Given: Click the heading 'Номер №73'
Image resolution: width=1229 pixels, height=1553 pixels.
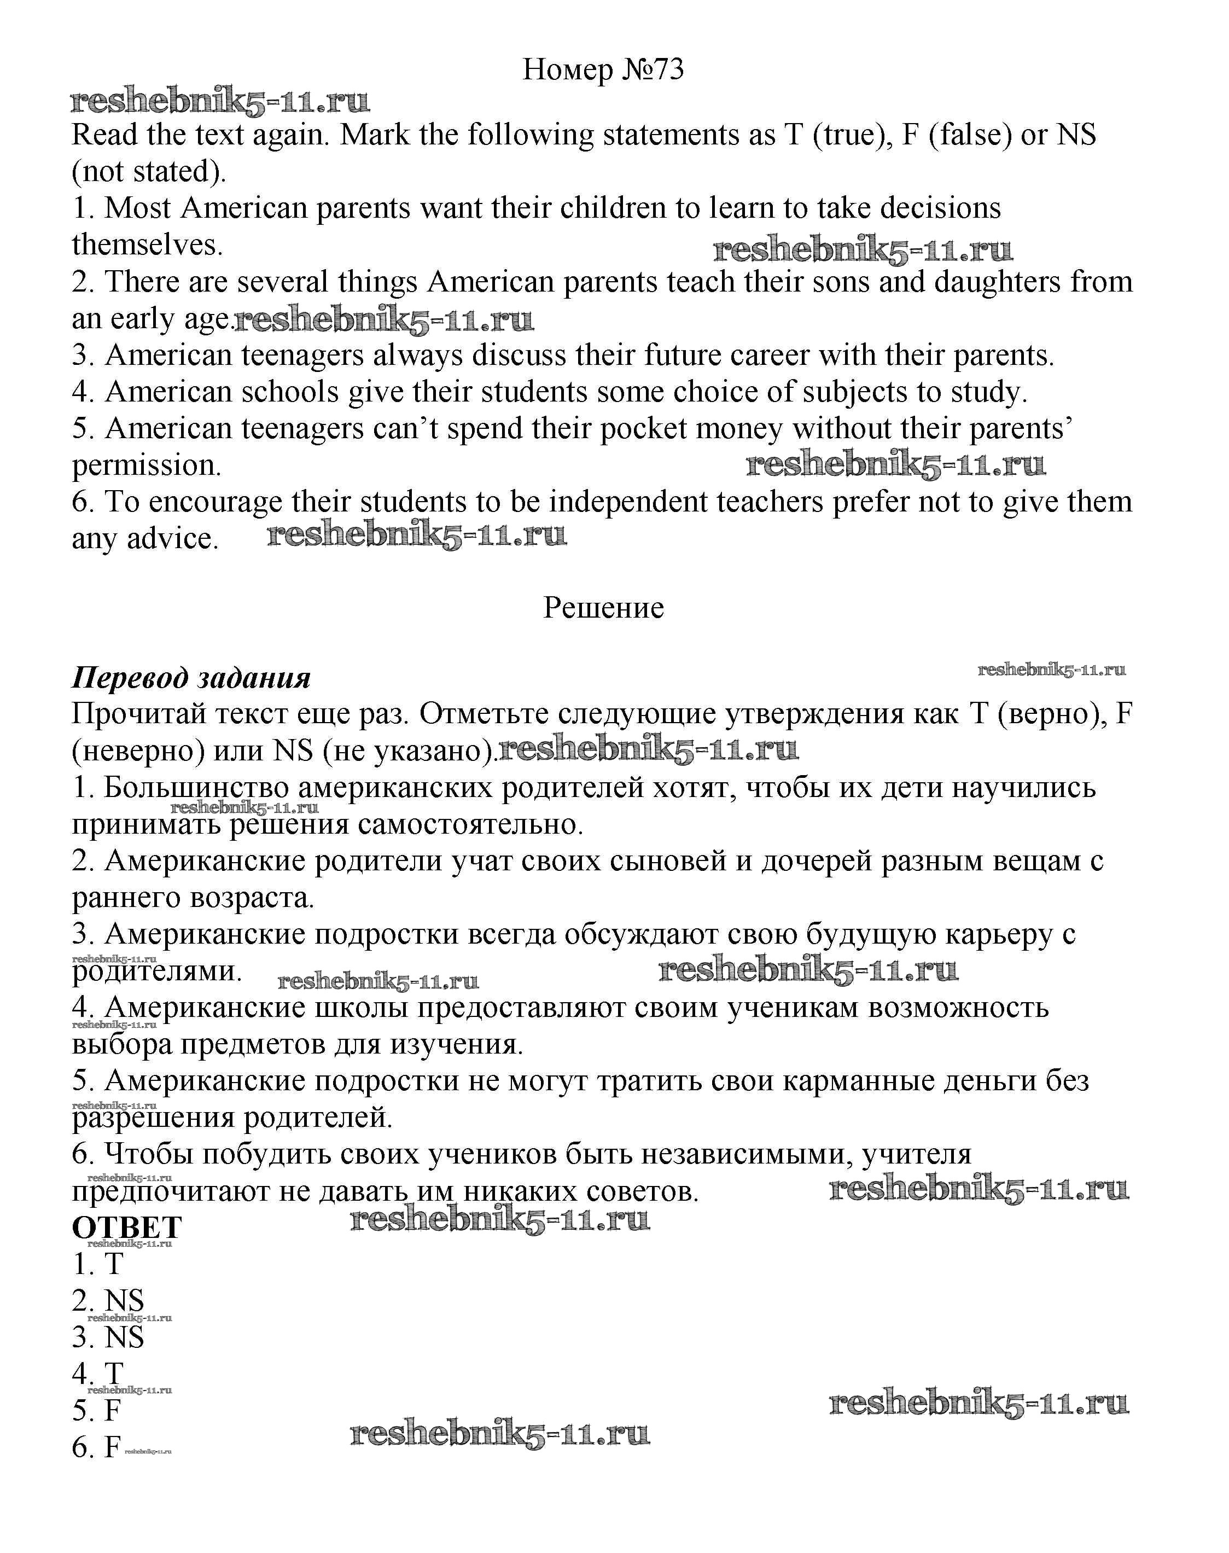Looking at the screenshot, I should [x=603, y=70].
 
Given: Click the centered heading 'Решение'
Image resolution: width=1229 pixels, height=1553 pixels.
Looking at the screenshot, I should [x=603, y=608].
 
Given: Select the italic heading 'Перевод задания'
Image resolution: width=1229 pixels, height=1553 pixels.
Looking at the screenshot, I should [x=191, y=678].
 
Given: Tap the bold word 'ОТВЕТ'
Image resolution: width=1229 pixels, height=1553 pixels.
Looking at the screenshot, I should [x=127, y=1228].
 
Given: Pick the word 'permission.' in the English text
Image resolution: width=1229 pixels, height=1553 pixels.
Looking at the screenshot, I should [x=147, y=466].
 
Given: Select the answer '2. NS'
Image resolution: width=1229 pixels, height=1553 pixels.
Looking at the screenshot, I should [x=108, y=1301].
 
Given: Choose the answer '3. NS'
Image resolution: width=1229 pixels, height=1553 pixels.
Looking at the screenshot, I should [x=108, y=1338].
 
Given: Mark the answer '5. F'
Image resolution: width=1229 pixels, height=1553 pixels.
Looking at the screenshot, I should [x=96, y=1411].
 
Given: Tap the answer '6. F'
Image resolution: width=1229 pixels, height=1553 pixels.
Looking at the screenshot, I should [x=96, y=1448].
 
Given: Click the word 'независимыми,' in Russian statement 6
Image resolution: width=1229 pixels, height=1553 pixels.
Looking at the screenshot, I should [x=745, y=1154].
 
